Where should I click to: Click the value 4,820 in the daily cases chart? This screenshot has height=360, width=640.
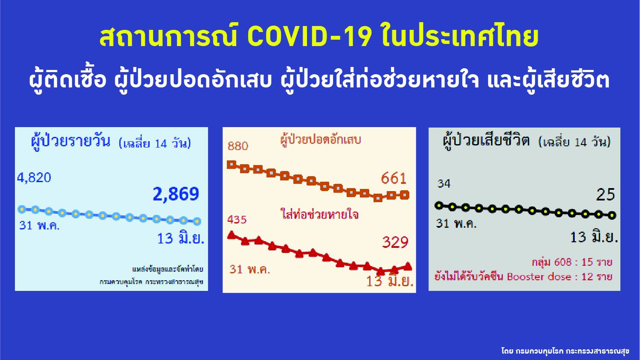pos(34,177)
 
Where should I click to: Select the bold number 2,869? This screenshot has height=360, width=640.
pos(176,194)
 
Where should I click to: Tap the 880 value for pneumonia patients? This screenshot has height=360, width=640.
pos(237,146)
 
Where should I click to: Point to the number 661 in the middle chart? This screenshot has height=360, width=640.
pos(394,178)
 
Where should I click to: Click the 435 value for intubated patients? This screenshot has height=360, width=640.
pos(237,220)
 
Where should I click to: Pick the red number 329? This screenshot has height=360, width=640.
pos(395,242)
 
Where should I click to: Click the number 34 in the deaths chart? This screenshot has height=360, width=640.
pos(444,184)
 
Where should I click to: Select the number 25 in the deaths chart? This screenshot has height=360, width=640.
pos(605,195)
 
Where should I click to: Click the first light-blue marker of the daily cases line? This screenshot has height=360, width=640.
pos(22,209)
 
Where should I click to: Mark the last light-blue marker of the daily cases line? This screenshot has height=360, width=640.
pos(197,221)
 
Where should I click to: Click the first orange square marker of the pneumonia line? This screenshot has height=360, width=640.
pos(232,164)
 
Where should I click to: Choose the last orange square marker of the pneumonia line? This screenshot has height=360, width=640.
pos(405,195)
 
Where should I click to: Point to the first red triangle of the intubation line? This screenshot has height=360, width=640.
pos(232,235)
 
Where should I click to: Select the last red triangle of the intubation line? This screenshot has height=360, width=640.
pos(408,266)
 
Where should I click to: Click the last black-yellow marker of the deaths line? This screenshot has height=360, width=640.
pos(612,215)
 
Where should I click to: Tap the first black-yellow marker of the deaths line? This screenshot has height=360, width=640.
pos(439,206)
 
